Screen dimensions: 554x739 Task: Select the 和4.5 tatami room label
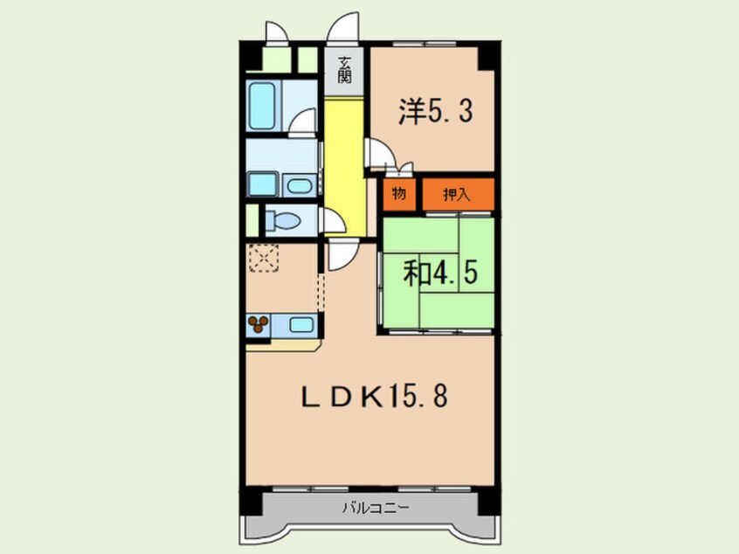[439, 274]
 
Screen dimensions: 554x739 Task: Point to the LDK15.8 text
[375, 398]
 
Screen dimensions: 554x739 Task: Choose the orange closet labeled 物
[398, 194]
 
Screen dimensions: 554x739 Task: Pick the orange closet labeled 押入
[457, 194]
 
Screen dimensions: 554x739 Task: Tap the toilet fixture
[281, 220]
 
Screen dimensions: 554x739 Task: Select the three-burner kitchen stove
[259, 327]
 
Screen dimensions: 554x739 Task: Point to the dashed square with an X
[263, 259]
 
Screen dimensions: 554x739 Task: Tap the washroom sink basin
[300, 185]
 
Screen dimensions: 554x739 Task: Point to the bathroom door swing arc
[303, 122]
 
